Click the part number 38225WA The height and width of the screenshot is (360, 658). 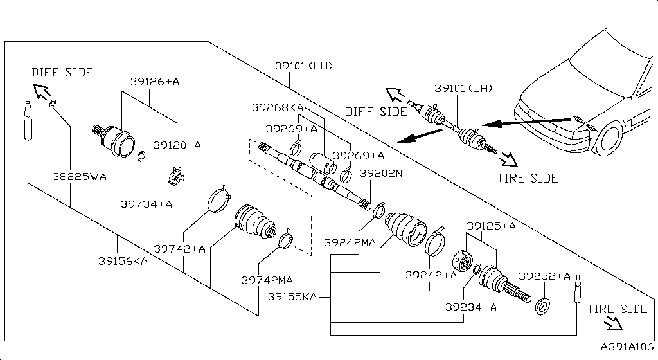pyautogui.click(x=80, y=175)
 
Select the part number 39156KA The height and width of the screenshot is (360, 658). pyautogui.click(x=123, y=260)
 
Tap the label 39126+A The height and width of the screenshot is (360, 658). pyautogui.click(x=154, y=82)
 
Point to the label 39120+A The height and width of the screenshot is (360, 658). pyautogui.click(x=177, y=145)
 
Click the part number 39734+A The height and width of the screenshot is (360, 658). pyautogui.click(x=147, y=204)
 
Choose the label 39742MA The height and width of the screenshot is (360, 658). pyautogui.click(x=267, y=280)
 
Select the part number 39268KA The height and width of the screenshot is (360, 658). pyautogui.click(x=278, y=107)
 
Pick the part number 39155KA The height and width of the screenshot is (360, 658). pyautogui.click(x=292, y=297)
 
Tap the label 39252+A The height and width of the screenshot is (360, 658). pyautogui.click(x=544, y=276)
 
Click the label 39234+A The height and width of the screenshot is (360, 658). pyautogui.click(x=471, y=307)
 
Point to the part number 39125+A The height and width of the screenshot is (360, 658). pyautogui.click(x=491, y=226)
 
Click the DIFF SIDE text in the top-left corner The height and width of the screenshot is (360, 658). pyautogui.click(x=62, y=73)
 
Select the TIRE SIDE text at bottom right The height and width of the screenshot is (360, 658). pyautogui.click(x=617, y=309)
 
